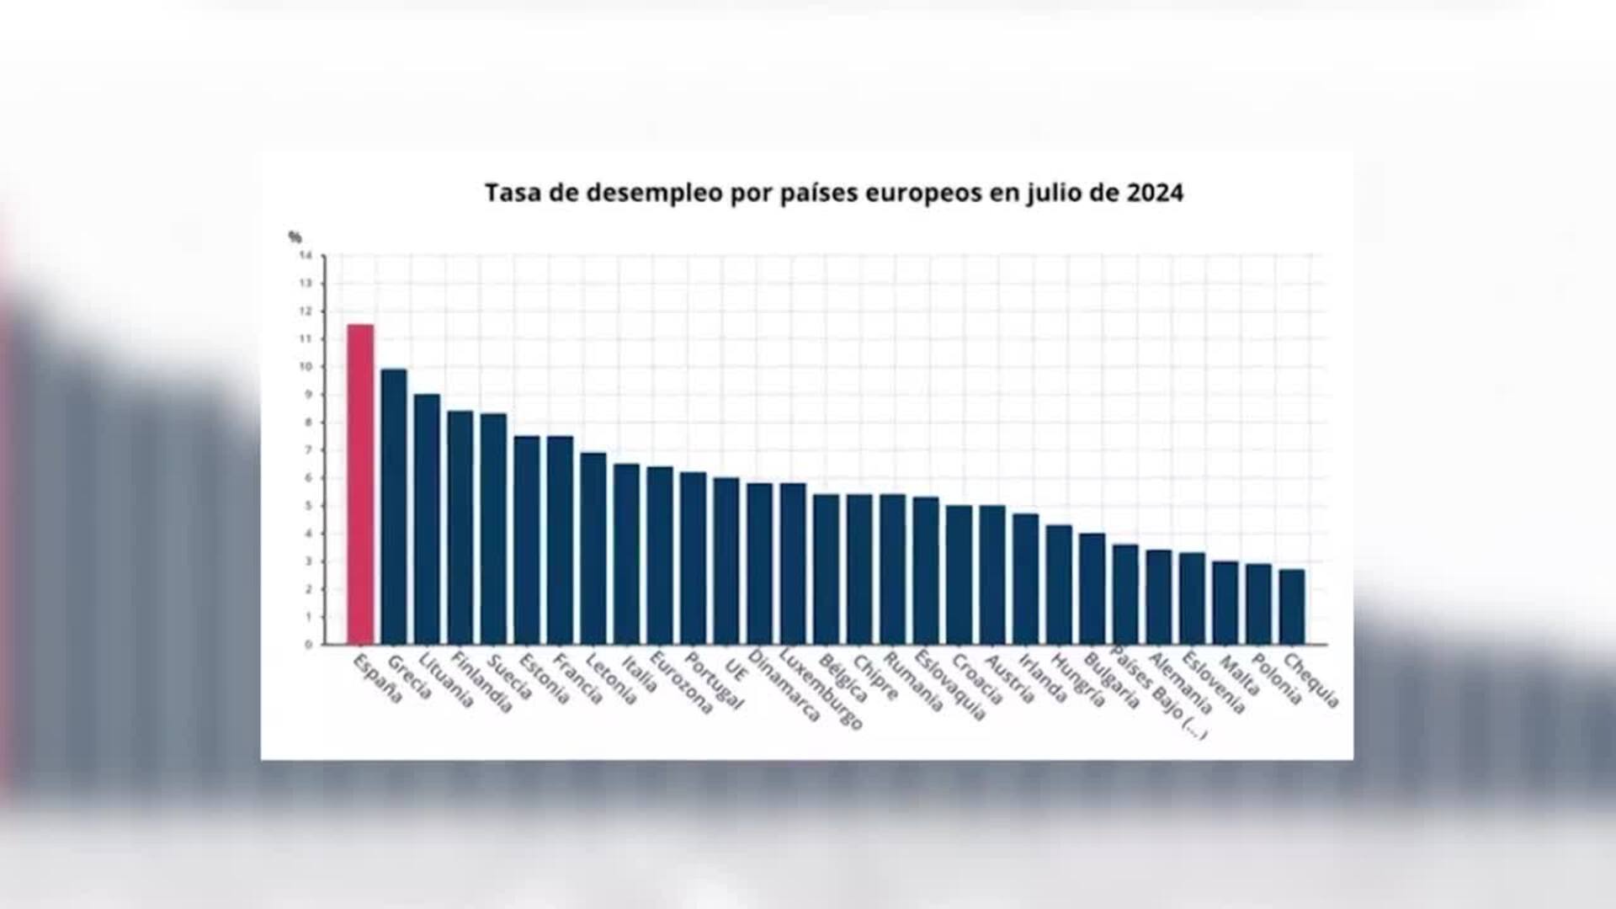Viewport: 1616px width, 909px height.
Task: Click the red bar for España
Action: pos(360,484)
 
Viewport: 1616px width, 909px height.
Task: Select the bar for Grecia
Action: pos(394,506)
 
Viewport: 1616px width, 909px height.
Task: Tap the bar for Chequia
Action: pos(1292,607)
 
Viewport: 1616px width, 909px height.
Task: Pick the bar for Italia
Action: pos(626,554)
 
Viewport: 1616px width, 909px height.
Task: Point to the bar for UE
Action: pos(726,561)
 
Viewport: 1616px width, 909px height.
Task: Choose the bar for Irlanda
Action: pos(1026,579)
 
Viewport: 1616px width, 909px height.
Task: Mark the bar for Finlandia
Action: pos(460,527)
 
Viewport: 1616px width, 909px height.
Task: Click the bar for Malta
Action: pos(1225,603)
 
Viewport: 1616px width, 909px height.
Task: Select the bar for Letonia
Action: pos(593,548)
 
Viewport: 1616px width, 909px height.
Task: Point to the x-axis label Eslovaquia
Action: pos(950,685)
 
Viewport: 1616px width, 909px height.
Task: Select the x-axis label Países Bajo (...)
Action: pos(1159,692)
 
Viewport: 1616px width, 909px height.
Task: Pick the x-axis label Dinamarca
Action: pos(784,685)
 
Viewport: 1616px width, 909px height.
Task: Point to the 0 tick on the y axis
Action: pos(308,645)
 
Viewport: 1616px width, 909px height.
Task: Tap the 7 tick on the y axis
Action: pos(308,450)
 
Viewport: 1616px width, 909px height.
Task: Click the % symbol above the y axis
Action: pos(295,237)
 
